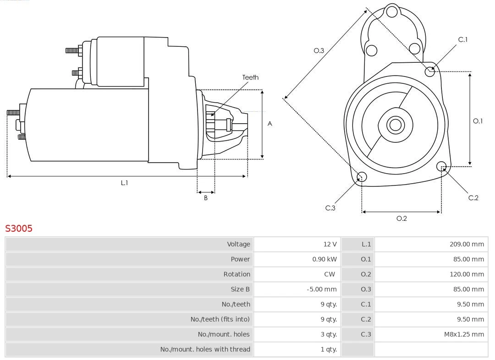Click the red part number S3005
pos(19,228)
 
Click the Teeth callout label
pos(250,77)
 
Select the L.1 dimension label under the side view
pos(124,183)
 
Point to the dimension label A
pos(270,124)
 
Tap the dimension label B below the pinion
pos(206,198)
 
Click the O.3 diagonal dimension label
pos(319,50)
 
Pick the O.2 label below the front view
pos(401,218)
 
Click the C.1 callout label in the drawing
pos(463,40)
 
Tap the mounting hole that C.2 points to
pos(441,166)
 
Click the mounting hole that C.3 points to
pos(361,177)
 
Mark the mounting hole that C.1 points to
pos(430,71)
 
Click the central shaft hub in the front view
pos(395,125)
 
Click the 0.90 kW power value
pos(324,259)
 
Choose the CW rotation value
pos(330,274)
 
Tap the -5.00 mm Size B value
pos(321,289)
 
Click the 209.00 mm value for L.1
pos(466,244)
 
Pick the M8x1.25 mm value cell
pos(463,334)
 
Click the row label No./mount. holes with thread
pos(205,349)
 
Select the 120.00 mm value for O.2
pos(466,274)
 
